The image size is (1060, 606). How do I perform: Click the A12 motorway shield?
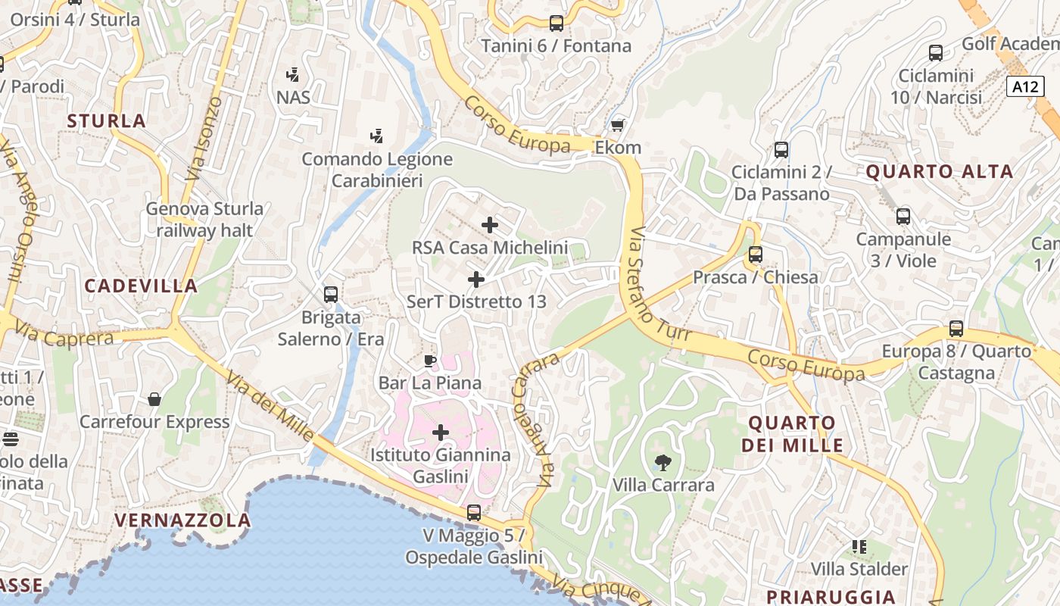click(x=1025, y=86)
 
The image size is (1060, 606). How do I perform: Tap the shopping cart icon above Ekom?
click(x=618, y=125)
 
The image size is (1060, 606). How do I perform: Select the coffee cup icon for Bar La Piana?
click(x=430, y=361)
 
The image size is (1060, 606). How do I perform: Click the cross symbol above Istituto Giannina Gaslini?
click(x=441, y=433)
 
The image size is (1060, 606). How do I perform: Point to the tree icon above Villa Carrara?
click(x=663, y=462)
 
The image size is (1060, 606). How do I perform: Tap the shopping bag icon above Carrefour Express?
click(x=154, y=399)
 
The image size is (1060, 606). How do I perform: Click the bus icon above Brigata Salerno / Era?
click(x=331, y=295)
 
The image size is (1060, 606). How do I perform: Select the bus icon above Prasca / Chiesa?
click(x=755, y=255)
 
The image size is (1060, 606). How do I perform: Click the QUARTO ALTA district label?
click(x=939, y=172)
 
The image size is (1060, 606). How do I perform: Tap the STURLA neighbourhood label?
click(x=106, y=121)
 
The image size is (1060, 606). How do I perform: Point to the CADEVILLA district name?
click(x=141, y=286)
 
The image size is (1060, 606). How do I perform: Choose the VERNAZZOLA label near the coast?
click(x=182, y=520)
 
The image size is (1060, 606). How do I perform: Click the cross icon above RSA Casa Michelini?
click(x=490, y=225)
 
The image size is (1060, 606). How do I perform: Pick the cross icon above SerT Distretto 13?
click(x=476, y=280)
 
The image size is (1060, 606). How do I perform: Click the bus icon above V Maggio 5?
click(x=474, y=513)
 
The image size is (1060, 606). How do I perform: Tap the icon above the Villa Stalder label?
click(x=859, y=546)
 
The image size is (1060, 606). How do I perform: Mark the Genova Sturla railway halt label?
click(x=204, y=219)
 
